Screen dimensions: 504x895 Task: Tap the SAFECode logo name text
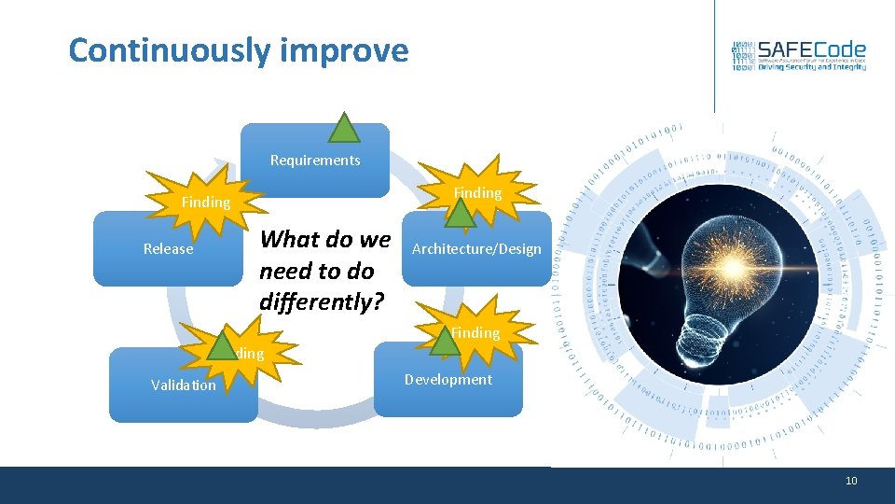point(811,49)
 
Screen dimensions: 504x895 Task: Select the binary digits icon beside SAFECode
point(742,57)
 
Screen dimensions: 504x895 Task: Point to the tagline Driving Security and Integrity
point(811,67)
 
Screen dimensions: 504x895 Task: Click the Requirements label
point(315,161)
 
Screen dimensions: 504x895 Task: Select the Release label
point(169,249)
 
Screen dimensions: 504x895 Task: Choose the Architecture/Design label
point(476,249)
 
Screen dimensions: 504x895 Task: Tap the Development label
point(448,380)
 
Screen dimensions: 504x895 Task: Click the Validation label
point(184,385)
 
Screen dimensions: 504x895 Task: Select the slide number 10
point(850,481)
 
